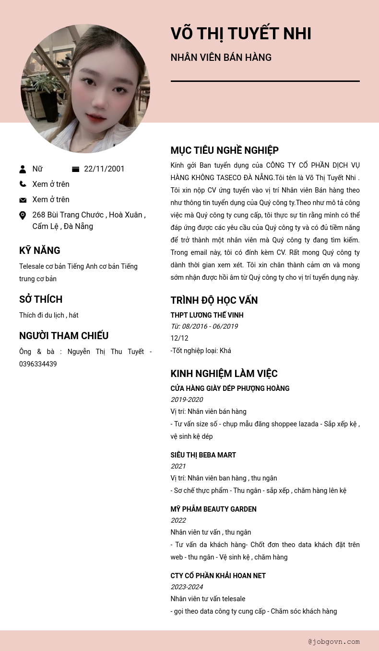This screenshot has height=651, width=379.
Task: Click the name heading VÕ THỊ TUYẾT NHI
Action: (x=241, y=34)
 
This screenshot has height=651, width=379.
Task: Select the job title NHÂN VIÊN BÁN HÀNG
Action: (x=221, y=57)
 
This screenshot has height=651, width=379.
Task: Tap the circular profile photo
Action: (x=85, y=89)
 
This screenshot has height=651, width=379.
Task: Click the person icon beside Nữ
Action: (x=23, y=169)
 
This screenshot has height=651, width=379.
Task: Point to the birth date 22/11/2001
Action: (x=104, y=169)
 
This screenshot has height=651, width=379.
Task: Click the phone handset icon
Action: (x=23, y=184)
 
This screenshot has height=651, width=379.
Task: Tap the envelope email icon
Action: (x=23, y=200)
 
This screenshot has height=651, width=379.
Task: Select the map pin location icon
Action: (x=23, y=216)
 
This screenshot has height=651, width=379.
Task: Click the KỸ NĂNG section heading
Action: (x=40, y=251)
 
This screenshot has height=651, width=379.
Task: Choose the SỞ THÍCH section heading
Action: (x=41, y=299)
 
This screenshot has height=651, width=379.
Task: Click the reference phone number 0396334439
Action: (x=38, y=364)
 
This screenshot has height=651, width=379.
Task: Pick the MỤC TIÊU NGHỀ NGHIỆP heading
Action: (x=225, y=150)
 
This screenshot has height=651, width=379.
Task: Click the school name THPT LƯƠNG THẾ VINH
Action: (x=207, y=315)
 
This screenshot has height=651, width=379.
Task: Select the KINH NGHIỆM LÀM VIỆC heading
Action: (x=224, y=374)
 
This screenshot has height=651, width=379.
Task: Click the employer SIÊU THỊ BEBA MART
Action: (x=203, y=455)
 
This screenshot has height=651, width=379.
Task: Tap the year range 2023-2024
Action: (x=187, y=587)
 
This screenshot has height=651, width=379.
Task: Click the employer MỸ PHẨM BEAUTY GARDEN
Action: (x=213, y=509)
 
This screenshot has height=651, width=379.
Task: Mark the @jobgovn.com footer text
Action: (x=334, y=641)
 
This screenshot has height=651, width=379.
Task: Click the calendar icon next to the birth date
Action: (x=75, y=169)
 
